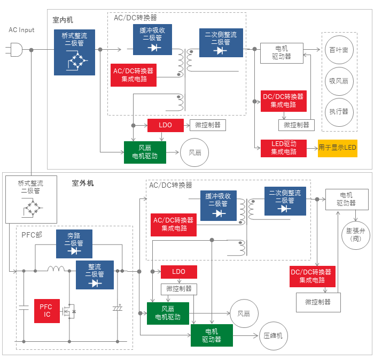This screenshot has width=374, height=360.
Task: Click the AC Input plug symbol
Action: (x=14, y=50)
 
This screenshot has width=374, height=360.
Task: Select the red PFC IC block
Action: (x=47, y=311)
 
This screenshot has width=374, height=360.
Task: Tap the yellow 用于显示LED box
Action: (x=338, y=148)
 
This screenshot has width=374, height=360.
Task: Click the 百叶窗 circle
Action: (x=339, y=50)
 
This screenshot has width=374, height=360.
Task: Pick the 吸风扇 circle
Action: (x=339, y=81)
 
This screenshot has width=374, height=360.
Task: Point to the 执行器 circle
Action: (x=339, y=112)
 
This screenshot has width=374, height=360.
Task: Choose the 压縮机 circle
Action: (x=274, y=336)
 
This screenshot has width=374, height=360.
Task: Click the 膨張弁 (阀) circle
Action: (x=356, y=235)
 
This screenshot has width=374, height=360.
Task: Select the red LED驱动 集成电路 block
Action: (x=284, y=148)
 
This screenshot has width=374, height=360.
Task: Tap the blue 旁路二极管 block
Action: (x=74, y=244)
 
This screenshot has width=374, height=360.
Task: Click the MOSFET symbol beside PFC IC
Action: (x=69, y=311)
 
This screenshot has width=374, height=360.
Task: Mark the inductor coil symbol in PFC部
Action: (x=56, y=269)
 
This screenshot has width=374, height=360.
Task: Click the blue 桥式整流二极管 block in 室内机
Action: (x=74, y=52)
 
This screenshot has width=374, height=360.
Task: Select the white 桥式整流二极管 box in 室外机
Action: (x=31, y=200)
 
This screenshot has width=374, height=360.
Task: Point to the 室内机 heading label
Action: (x=63, y=20)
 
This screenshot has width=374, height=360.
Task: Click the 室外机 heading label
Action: (x=83, y=183)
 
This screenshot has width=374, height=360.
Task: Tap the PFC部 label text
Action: (x=32, y=235)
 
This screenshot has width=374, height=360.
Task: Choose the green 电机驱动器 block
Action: (x=212, y=335)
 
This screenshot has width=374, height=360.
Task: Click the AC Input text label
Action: (x=21, y=30)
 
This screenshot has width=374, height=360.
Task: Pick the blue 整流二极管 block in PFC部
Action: (x=95, y=275)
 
